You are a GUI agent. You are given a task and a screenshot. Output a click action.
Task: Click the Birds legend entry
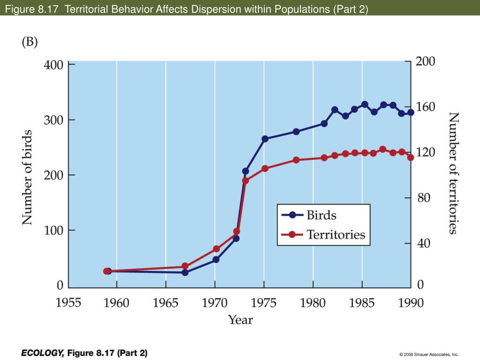point(322,215)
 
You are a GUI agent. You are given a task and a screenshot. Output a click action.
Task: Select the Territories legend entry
point(336,234)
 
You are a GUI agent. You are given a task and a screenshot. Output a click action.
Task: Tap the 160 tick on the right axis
point(426,107)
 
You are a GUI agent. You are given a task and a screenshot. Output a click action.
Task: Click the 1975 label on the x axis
point(263,303)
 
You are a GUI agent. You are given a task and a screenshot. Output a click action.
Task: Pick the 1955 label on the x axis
point(68,303)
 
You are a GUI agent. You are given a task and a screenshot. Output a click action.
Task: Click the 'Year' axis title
point(240,320)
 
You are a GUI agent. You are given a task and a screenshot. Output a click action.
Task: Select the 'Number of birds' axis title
point(28,177)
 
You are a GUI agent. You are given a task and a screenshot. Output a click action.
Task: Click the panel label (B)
point(29,42)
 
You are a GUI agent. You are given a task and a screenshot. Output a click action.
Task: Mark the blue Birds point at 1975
point(265,139)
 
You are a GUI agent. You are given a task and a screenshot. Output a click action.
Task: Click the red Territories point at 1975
point(265,168)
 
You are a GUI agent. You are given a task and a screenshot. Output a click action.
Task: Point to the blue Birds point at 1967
point(185,272)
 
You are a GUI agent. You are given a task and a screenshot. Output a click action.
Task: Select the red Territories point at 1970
point(216,249)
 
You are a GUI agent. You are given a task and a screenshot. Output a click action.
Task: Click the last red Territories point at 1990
point(411,157)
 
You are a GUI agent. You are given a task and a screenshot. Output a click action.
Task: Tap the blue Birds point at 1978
point(296,132)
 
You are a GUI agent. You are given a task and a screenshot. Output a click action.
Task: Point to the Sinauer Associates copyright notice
point(429,354)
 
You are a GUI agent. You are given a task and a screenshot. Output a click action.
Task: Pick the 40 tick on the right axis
point(423,243)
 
